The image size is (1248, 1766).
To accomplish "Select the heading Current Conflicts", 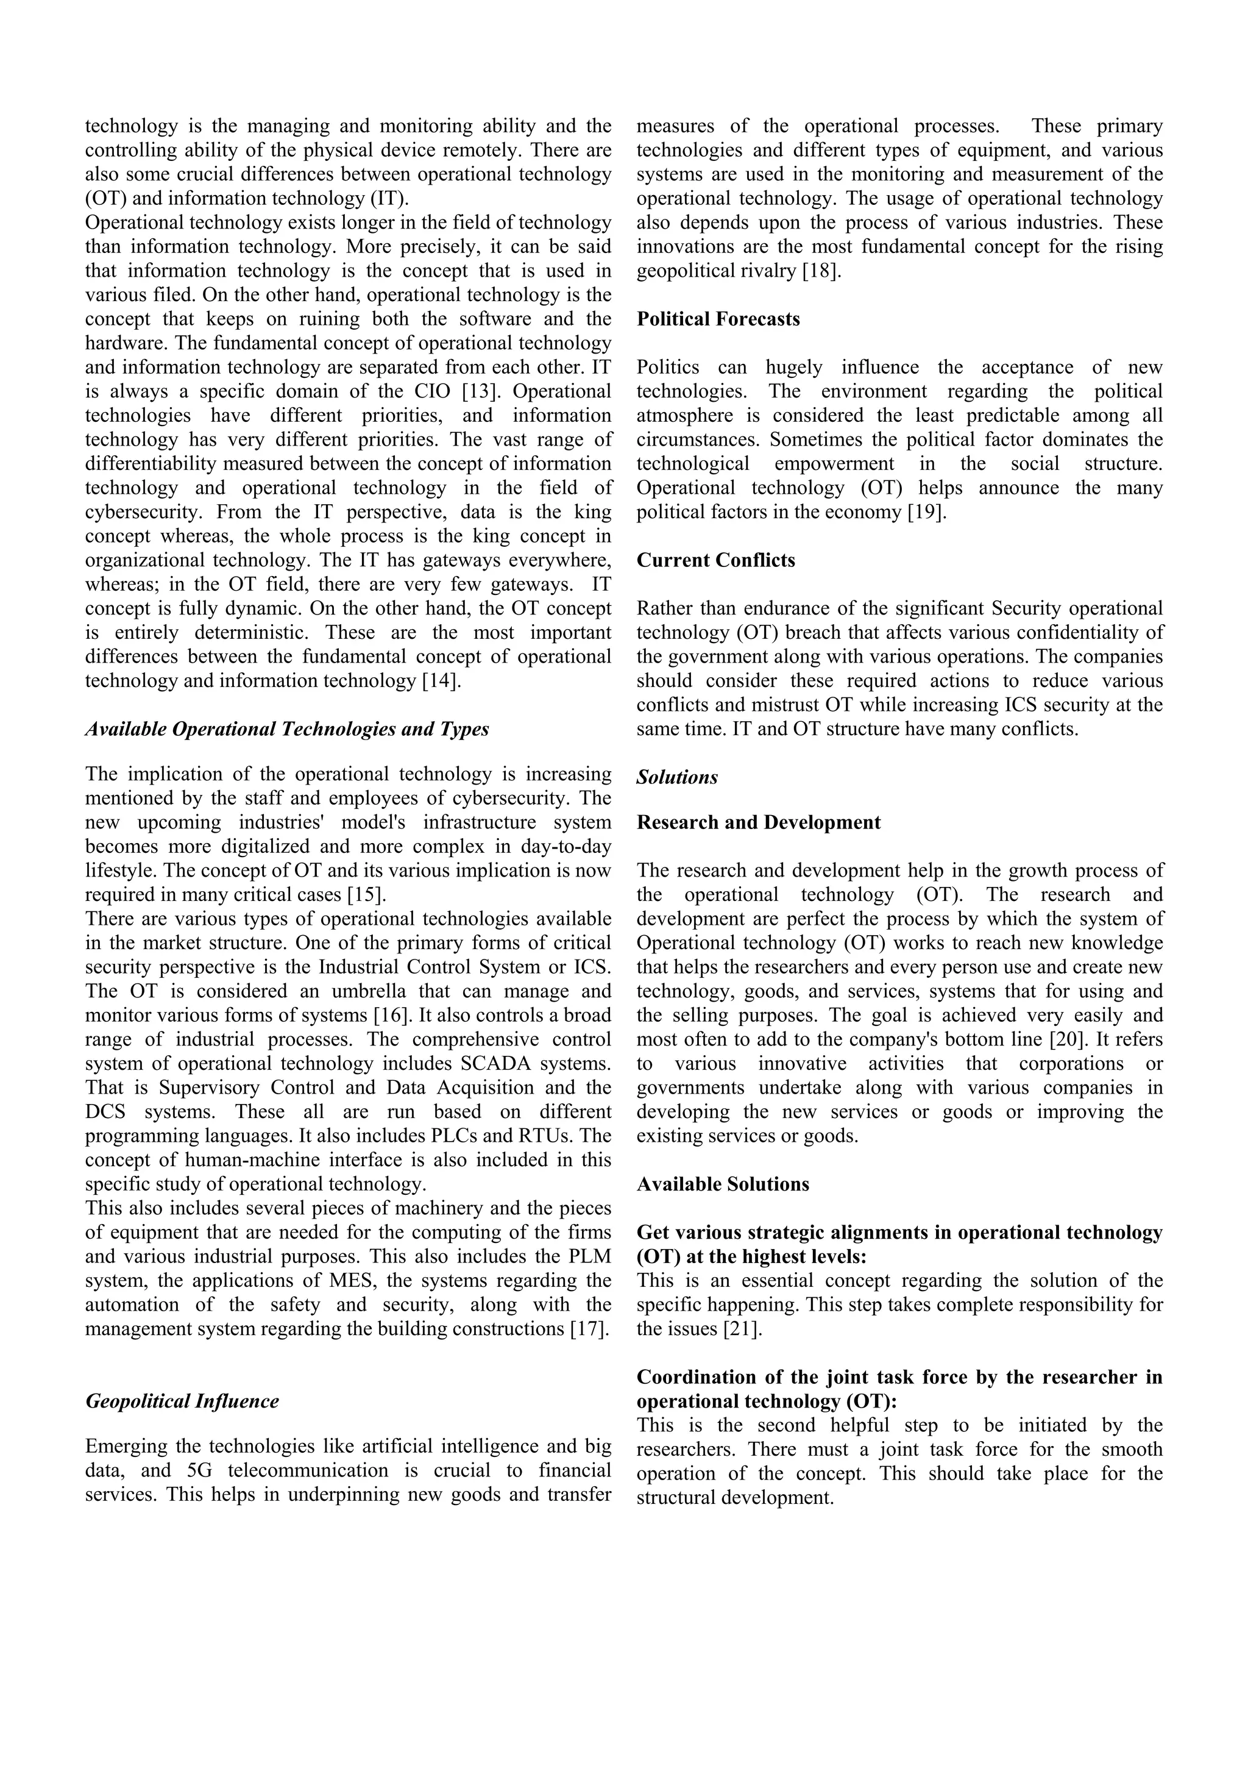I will [715, 560].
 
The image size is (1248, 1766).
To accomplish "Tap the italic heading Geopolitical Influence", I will [182, 1401].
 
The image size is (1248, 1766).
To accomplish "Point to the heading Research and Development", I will [758, 822].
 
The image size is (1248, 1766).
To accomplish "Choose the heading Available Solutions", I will [723, 1184].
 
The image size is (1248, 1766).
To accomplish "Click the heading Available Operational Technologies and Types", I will [287, 728].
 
